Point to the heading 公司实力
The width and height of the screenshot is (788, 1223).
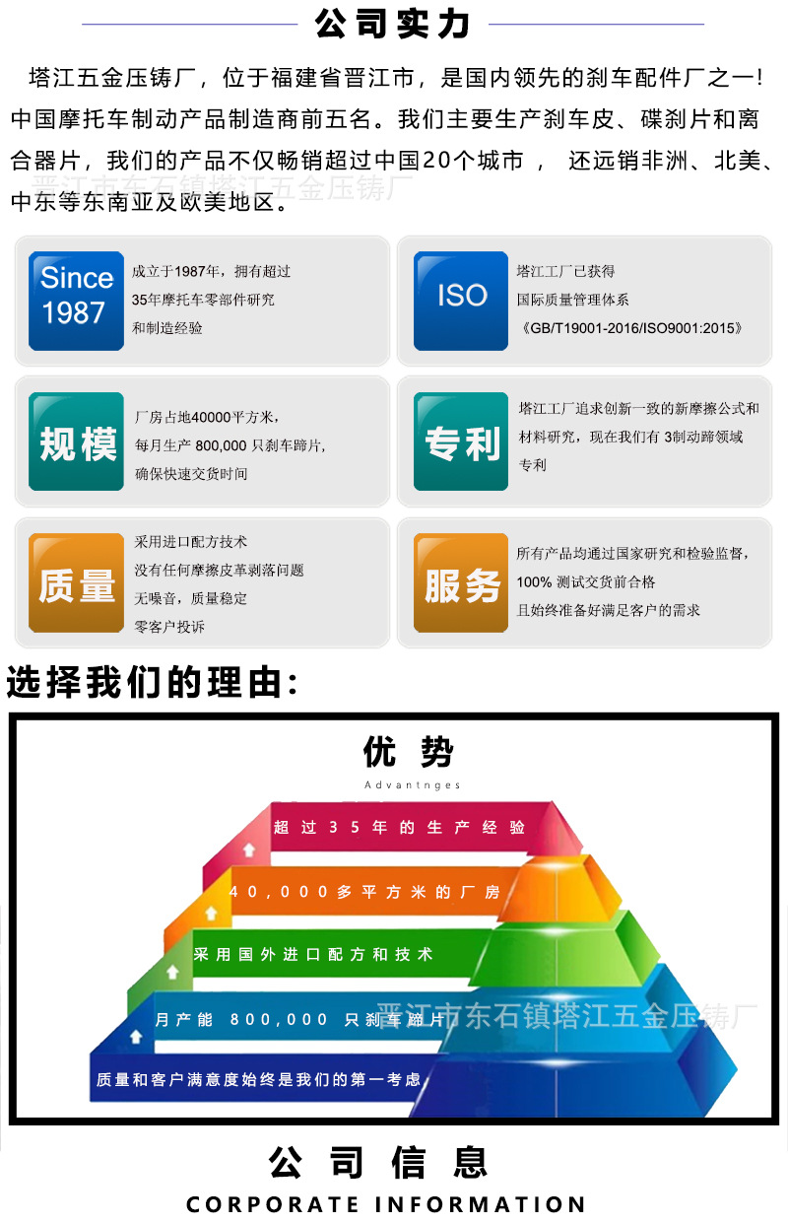[x=392, y=24]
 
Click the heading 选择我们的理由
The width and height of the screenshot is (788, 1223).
[x=153, y=682]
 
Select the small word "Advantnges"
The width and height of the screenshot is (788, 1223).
[x=412, y=785]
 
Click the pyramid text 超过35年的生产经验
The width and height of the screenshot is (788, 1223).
[x=399, y=828]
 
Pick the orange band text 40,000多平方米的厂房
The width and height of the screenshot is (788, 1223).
[x=364, y=892]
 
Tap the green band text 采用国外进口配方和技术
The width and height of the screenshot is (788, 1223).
[x=313, y=955]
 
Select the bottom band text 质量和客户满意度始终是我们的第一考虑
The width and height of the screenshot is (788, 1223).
[x=258, y=1080]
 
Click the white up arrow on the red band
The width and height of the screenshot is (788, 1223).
[x=249, y=848]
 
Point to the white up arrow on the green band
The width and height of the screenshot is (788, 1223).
[x=172, y=972]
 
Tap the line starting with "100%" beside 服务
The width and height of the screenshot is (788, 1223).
[x=585, y=582]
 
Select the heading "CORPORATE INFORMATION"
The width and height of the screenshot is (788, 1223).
[x=386, y=1204]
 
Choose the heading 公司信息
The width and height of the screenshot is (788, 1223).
[x=378, y=1163]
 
